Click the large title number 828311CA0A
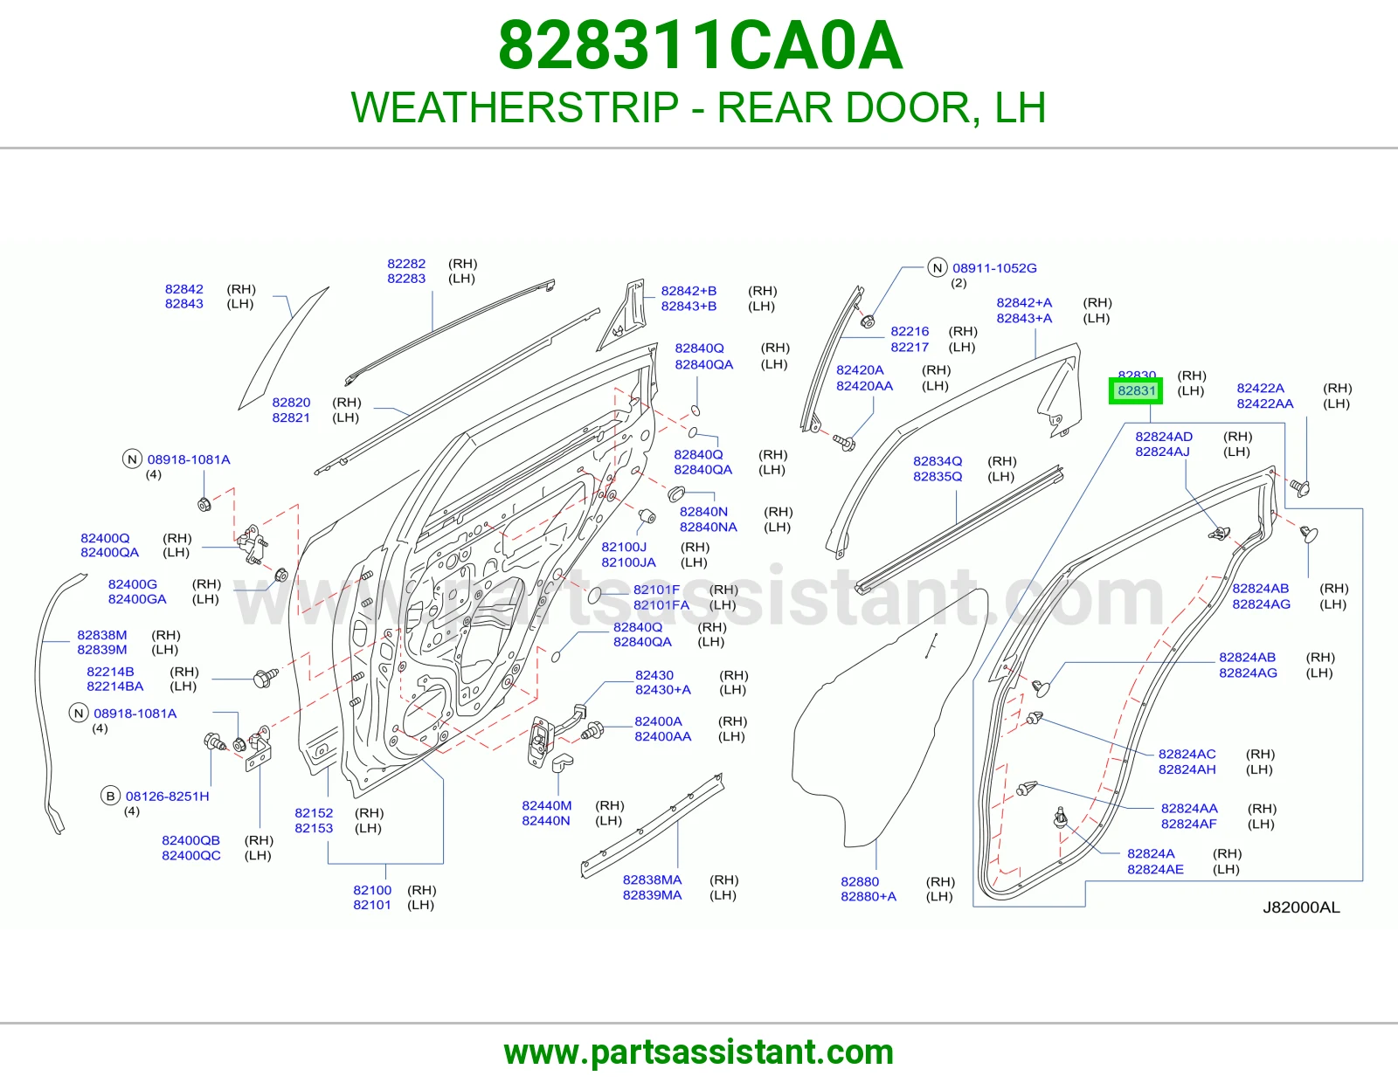tap(700, 45)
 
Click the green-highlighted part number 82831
tap(1136, 390)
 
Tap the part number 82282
tap(406, 264)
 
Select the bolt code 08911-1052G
tap(994, 268)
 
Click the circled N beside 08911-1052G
tap(938, 268)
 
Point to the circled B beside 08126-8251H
tap(110, 797)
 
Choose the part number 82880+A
tap(869, 896)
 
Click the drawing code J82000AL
tap(1302, 907)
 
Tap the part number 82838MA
tap(653, 880)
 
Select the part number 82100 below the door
tap(372, 890)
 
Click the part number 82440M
tap(547, 806)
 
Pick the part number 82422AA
tap(1265, 404)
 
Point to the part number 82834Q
tap(938, 461)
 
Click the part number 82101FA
tap(661, 605)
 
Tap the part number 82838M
tap(102, 635)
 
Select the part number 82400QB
tap(191, 840)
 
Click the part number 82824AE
tap(1155, 870)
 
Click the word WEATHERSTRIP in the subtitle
tap(515, 107)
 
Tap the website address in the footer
tap(699, 1052)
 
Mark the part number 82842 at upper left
tap(184, 289)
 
